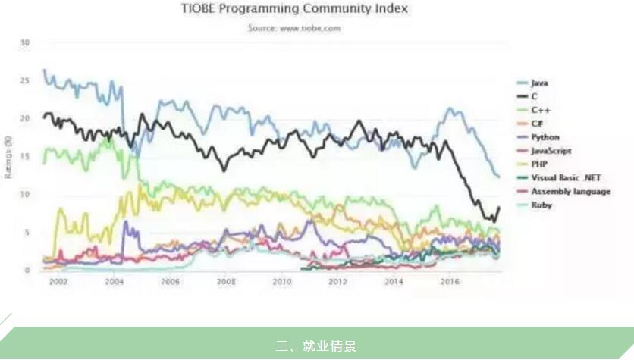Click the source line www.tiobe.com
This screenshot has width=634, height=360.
[294, 28]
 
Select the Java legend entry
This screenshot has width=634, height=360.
[539, 83]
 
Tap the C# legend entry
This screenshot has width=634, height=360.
[538, 124]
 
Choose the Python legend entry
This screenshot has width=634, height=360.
[545, 137]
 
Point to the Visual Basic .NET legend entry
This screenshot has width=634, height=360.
[566, 178]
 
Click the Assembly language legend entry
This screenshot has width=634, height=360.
[570, 192]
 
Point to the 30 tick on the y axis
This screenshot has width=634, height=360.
[25, 42]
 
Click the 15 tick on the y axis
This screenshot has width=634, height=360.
[25, 156]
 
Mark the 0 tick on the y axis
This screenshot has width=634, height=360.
[27, 270]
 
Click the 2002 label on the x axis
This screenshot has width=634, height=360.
[58, 281]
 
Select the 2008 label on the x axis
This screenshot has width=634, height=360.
[226, 281]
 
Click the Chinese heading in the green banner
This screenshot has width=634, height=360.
[316, 346]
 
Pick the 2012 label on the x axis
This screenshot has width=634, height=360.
[337, 281]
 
